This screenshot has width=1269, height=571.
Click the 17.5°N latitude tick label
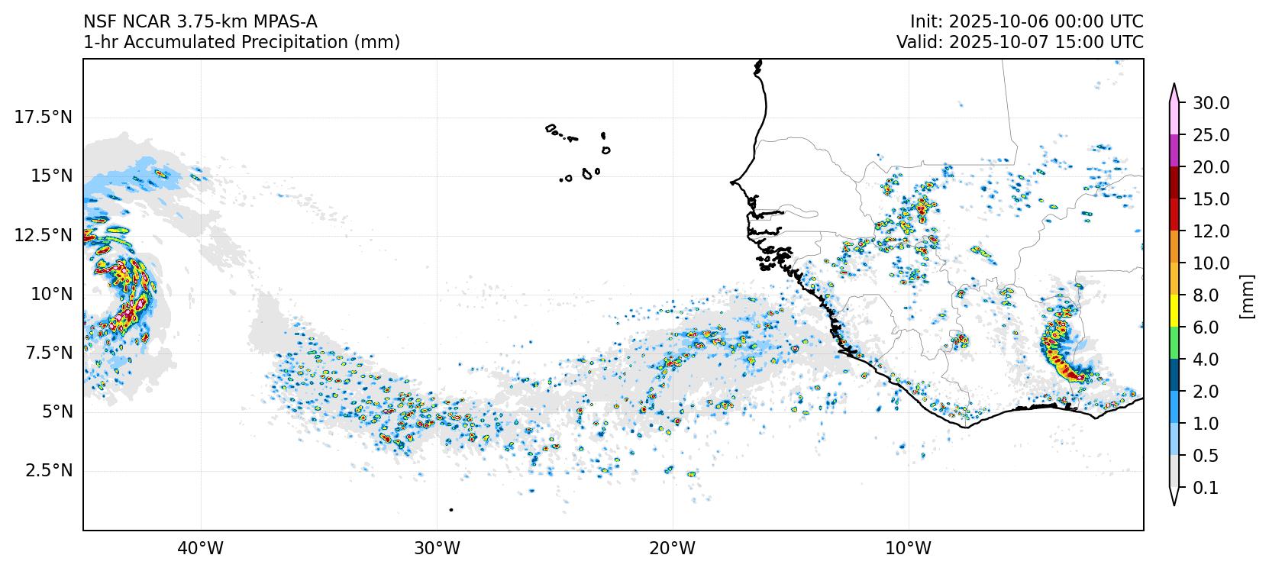coord(44,117)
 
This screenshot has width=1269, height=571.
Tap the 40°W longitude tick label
coord(201,548)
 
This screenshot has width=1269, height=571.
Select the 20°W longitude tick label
coord(673,548)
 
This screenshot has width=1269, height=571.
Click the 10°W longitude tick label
coord(909,548)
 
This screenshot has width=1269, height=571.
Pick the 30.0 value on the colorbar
coord(1211,103)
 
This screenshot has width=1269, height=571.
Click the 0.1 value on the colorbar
coord(1206,488)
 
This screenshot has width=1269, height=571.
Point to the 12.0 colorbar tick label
coord(1211,231)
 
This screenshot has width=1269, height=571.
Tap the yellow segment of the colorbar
coord(1174,311)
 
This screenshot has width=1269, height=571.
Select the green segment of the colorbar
coord(1174,343)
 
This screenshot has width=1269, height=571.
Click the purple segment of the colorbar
coord(1174,150)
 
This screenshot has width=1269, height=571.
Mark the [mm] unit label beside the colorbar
coord(1247,295)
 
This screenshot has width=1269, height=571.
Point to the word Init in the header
coord(922,21)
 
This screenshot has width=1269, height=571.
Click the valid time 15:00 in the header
coord(1067,43)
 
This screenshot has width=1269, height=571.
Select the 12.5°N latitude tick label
coord(44,235)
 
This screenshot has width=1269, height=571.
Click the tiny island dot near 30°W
coord(451,509)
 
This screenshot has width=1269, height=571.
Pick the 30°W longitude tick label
coord(437,548)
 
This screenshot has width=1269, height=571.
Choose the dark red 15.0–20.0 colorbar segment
coord(1174,182)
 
